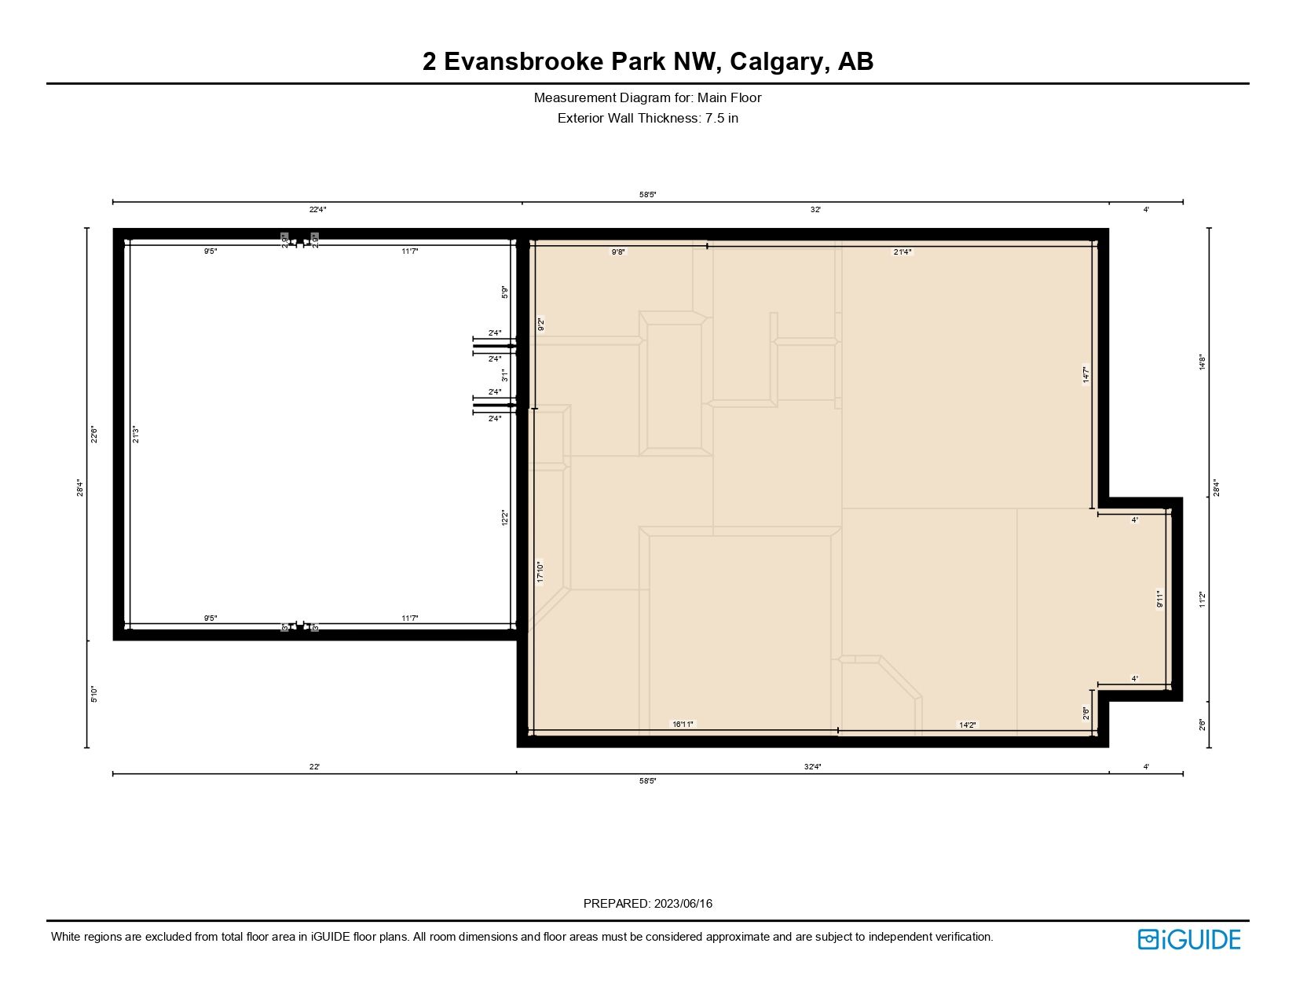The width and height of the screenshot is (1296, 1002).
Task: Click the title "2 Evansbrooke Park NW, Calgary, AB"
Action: pyautogui.click(x=647, y=61)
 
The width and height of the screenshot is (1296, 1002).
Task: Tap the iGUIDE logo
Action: pyautogui.click(x=1189, y=939)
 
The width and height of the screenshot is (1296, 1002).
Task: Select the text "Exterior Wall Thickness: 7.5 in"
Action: pyautogui.click(x=647, y=119)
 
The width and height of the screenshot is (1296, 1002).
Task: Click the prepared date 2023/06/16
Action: pyautogui.click(x=647, y=904)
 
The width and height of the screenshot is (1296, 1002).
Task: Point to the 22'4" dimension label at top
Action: pyautogui.click(x=317, y=210)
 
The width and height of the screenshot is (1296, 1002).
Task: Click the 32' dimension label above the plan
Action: pyautogui.click(x=815, y=210)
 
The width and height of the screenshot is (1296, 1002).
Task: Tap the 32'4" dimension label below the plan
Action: pyautogui.click(x=812, y=766)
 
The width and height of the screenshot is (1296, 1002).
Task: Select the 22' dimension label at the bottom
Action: pyautogui.click(x=314, y=766)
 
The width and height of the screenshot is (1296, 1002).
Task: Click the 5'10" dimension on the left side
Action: pyautogui.click(x=93, y=694)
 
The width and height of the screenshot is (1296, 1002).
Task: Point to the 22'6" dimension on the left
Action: pyautogui.click(x=93, y=434)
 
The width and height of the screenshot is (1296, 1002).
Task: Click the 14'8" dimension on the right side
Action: pyautogui.click(x=1202, y=362)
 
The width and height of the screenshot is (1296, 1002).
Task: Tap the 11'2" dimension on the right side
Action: pyautogui.click(x=1202, y=599)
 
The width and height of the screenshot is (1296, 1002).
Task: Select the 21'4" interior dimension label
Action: pyautogui.click(x=902, y=252)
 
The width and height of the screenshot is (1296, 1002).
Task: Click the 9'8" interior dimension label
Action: pyautogui.click(x=618, y=252)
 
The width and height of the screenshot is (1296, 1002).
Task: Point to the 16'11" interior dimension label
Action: pyautogui.click(x=683, y=725)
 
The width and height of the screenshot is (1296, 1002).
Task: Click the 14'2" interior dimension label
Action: pyautogui.click(x=967, y=725)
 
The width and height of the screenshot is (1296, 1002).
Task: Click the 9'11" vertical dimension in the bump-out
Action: pyautogui.click(x=1159, y=599)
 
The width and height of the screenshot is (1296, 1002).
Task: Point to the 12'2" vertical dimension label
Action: pyautogui.click(x=505, y=518)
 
